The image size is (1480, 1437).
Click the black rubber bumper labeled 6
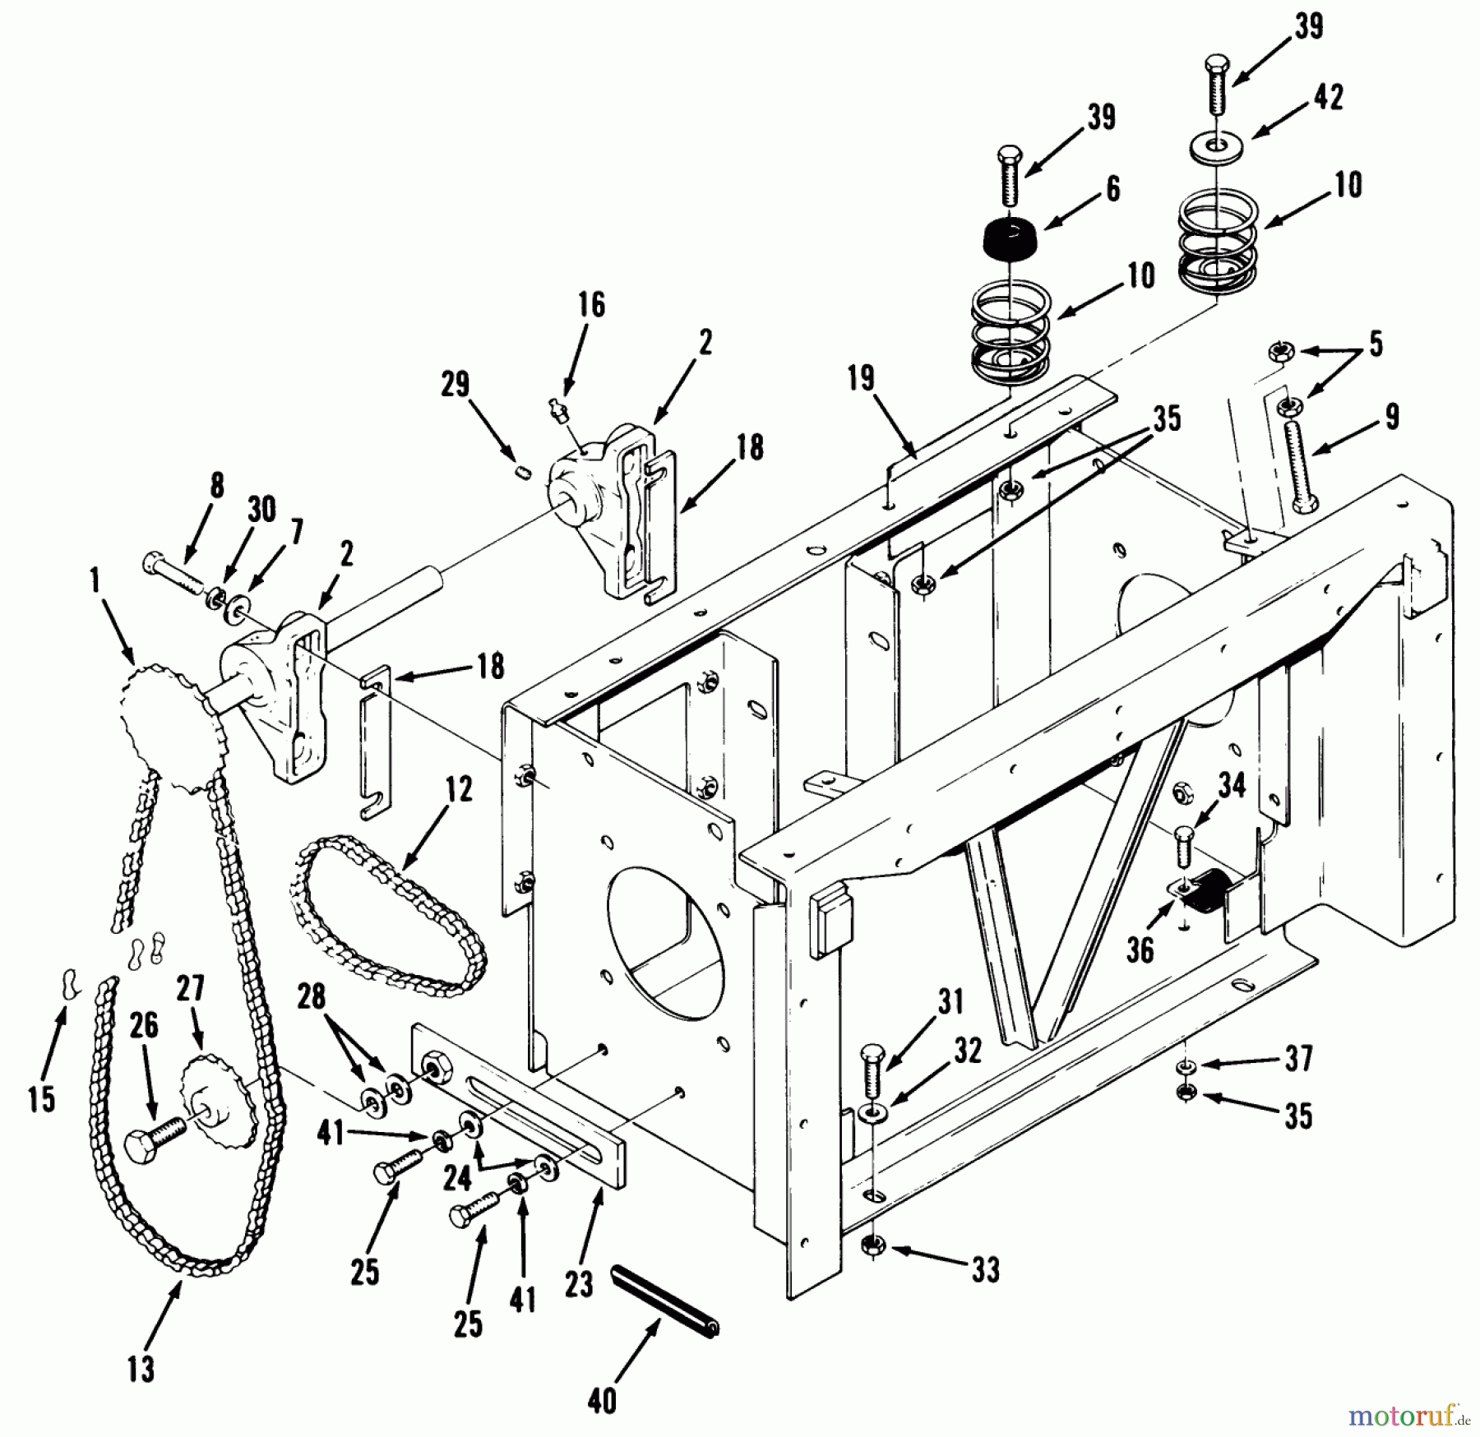coord(1010,238)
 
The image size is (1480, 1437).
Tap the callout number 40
coord(603,1400)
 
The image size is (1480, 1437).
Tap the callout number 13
coord(141,1369)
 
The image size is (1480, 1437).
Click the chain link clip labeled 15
coord(68,982)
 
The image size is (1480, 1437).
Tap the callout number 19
coord(862,380)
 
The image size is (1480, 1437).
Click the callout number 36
coord(1140,950)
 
